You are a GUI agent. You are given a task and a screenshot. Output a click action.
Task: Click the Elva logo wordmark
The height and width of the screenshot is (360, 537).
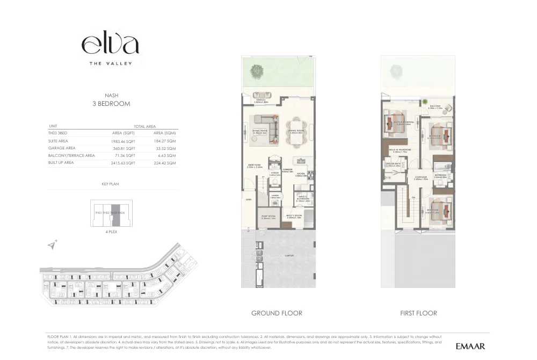[110, 45]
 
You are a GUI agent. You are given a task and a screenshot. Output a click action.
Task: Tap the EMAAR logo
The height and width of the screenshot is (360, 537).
[470, 346]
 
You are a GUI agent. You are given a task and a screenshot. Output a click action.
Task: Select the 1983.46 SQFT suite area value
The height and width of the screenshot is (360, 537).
[123, 141]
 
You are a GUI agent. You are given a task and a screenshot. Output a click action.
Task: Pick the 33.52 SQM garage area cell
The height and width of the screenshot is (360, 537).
[164, 148]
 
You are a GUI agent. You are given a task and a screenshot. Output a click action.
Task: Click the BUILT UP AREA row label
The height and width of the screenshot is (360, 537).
[61, 162]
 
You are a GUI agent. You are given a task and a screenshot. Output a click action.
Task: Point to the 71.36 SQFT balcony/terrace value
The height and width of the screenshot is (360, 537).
[124, 155]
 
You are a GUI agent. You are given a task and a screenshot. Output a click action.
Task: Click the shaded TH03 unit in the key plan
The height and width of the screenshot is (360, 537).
[114, 214]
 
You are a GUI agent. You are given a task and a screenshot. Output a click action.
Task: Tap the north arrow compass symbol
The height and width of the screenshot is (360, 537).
[52, 246]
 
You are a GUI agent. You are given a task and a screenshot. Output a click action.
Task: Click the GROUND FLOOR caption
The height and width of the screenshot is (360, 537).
[277, 313]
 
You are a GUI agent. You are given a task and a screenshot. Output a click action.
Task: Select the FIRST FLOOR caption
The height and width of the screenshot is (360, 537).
[418, 313]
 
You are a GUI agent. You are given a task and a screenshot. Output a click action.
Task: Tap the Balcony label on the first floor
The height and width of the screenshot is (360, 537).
[435, 106]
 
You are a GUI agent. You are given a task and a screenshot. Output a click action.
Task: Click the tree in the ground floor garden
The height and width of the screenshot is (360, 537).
[260, 69]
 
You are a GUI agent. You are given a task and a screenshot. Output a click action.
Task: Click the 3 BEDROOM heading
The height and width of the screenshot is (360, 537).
[111, 104]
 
